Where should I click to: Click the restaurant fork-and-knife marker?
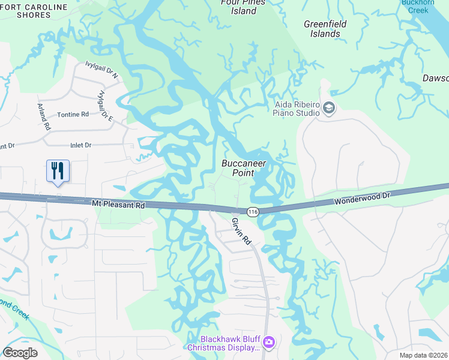point(58,171)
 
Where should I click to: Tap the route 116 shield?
point(253,212)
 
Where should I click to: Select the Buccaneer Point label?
point(244,167)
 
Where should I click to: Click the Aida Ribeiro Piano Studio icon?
point(328,108)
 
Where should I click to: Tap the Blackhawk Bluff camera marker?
point(269,343)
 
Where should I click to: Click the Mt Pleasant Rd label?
point(119,205)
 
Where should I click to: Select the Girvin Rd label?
point(241,231)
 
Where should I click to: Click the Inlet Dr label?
point(80,145)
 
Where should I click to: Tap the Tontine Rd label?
point(73,114)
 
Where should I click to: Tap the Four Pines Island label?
point(243,6)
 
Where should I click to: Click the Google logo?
point(20,353)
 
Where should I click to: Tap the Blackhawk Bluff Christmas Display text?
point(223,343)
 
